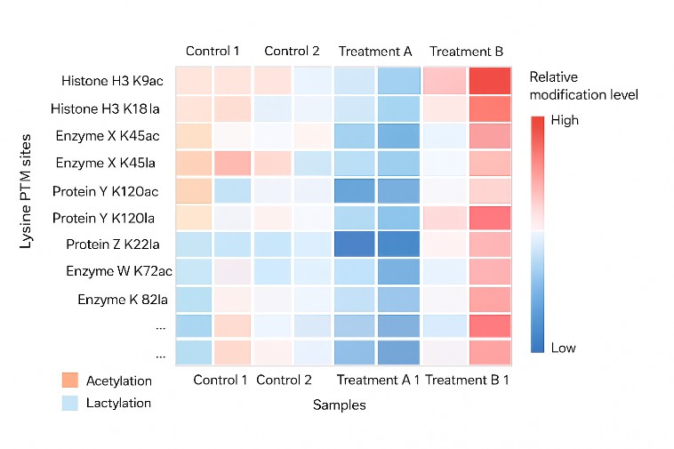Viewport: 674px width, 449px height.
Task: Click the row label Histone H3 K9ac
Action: pyautogui.click(x=112, y=81)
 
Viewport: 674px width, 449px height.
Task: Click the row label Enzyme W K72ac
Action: pyautogui.click(x=114, y=271)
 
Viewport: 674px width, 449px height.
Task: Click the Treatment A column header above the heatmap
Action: pyautogui.click(x=374, y=51)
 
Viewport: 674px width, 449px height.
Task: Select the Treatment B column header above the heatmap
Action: pyautogui.click(x=466, y=51)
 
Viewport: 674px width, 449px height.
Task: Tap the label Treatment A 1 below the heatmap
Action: pyautogui.click(x=377, y=381)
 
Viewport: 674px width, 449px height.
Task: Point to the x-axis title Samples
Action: pyautogui.click(x=339, y=405)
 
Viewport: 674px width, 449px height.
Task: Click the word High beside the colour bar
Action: pyautogui.click(x=566, y=120)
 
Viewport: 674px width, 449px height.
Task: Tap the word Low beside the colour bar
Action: pyautogui.click(x=564, y=348)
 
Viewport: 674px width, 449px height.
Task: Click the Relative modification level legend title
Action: pyautogui.click(x=583, y=85)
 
